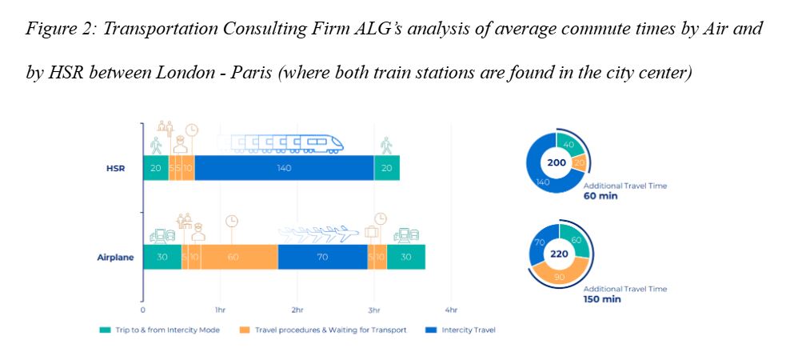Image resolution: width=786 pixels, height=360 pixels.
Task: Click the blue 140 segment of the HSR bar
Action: tap(284, 167)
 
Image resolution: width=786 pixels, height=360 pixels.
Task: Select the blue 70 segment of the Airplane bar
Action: tap(322, 257)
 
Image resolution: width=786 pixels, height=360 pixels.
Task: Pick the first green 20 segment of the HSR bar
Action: tap(155, 167)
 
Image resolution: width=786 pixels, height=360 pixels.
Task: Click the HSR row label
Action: tap(114, 168)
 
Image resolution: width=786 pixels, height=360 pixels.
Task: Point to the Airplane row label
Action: tap(114, 258)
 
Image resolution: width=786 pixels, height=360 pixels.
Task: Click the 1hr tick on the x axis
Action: tap(220, 309)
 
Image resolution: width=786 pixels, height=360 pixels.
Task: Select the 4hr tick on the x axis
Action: tap(451, 309)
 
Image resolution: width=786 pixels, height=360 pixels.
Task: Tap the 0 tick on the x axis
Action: tap(143, 309)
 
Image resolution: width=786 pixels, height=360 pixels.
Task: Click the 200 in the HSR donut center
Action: tap(557, 163)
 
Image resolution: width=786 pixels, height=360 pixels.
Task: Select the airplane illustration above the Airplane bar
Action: tap(320, 234)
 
